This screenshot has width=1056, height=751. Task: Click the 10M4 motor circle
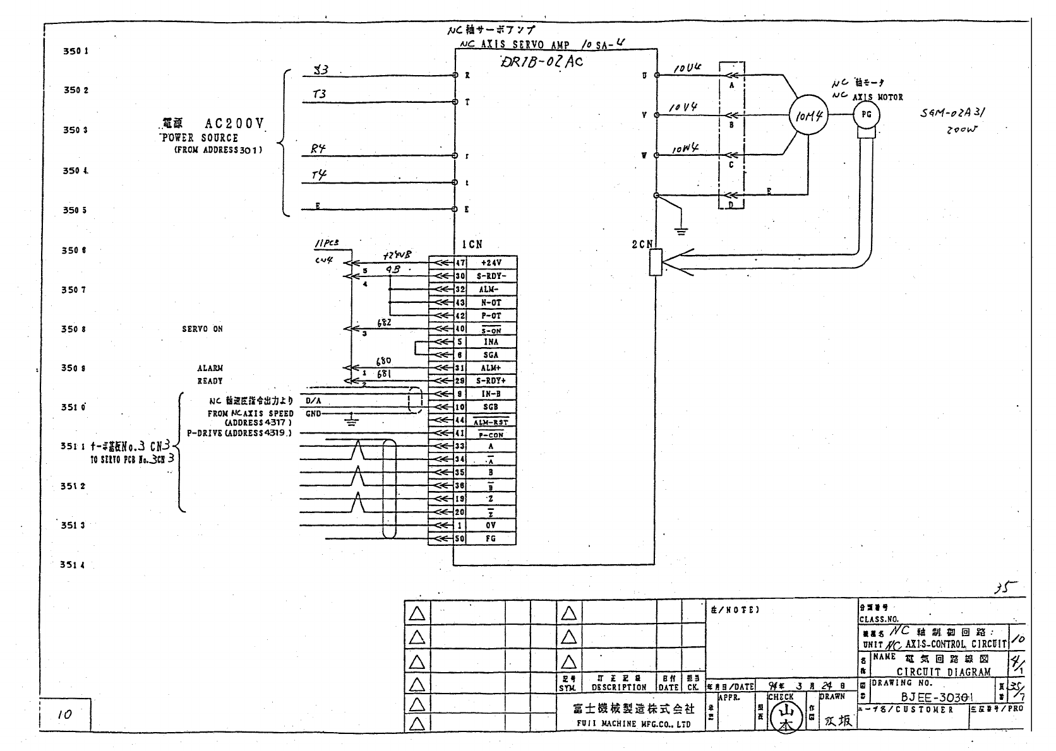pos(808,115)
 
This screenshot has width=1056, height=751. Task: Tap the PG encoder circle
pos(866,115)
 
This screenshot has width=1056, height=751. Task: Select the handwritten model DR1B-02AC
pos(541,61)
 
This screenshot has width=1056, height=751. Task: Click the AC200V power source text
pos(232,124)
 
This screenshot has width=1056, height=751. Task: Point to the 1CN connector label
pos(472,244)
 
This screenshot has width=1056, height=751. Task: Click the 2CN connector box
pos(654,262)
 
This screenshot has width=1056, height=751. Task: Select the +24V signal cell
pos(491,263)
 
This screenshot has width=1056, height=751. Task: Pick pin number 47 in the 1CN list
pos(460,263)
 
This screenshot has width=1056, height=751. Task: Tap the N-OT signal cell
pos(491,303)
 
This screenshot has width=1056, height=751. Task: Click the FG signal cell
pos(491,539)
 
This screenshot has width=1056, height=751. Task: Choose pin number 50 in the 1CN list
pos(460,539)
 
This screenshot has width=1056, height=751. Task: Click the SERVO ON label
pos(202,329)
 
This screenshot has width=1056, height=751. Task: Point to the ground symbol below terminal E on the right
pos(680,230)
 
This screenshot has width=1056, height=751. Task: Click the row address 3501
pos(75,50)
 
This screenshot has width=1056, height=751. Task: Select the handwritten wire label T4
pos(319,175)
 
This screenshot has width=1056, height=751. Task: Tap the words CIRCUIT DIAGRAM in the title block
pos(943,672)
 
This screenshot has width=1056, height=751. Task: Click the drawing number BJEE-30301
pos(937,697)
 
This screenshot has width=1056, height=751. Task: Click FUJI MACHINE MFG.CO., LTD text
pos(633,724)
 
